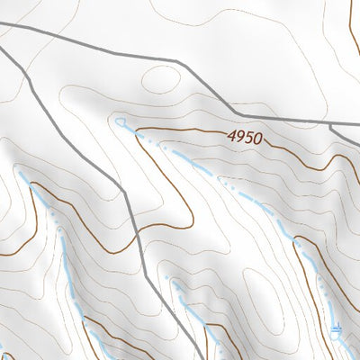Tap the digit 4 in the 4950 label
pyautogui.click(x=231, y=137)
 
